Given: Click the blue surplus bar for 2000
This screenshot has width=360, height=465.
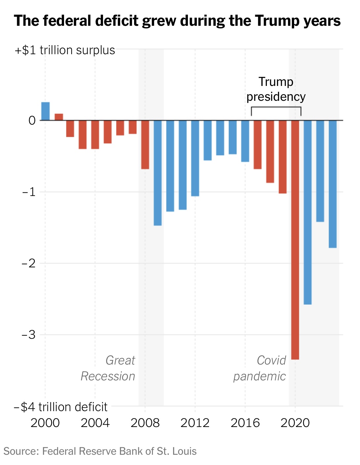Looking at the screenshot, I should point(45,111).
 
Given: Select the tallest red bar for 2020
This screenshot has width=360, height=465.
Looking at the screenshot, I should point(295,240).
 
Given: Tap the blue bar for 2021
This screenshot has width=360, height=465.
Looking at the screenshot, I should point(307,212).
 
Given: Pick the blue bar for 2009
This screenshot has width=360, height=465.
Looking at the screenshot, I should point(158,173).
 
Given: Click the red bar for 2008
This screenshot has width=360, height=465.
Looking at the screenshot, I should point(145,145).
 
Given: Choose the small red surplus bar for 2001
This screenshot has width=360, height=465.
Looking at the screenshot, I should point(59,117).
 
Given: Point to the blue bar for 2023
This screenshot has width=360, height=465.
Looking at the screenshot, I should point(333,184).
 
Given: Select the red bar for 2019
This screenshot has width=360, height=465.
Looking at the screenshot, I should point(283,157).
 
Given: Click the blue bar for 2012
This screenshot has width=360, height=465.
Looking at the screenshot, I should point(195,158).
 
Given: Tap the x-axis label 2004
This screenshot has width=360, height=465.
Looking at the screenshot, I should point(95,423).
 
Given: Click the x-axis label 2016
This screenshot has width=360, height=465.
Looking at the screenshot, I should point(245,423).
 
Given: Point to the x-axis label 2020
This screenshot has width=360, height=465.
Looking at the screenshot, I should point(295,423).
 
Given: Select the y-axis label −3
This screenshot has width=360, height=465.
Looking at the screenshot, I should point(28,335).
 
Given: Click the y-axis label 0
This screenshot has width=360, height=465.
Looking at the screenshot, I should point(32,120).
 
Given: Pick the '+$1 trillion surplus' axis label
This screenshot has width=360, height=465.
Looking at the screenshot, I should point(65,50).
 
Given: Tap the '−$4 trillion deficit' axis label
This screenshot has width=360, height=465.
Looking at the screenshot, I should point(61,407).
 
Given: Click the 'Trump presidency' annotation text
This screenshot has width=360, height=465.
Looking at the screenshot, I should point(276,89).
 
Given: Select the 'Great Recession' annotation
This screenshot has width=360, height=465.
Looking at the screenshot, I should point(108,368).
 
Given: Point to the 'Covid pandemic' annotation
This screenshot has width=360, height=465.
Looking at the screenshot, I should point(260,368).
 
